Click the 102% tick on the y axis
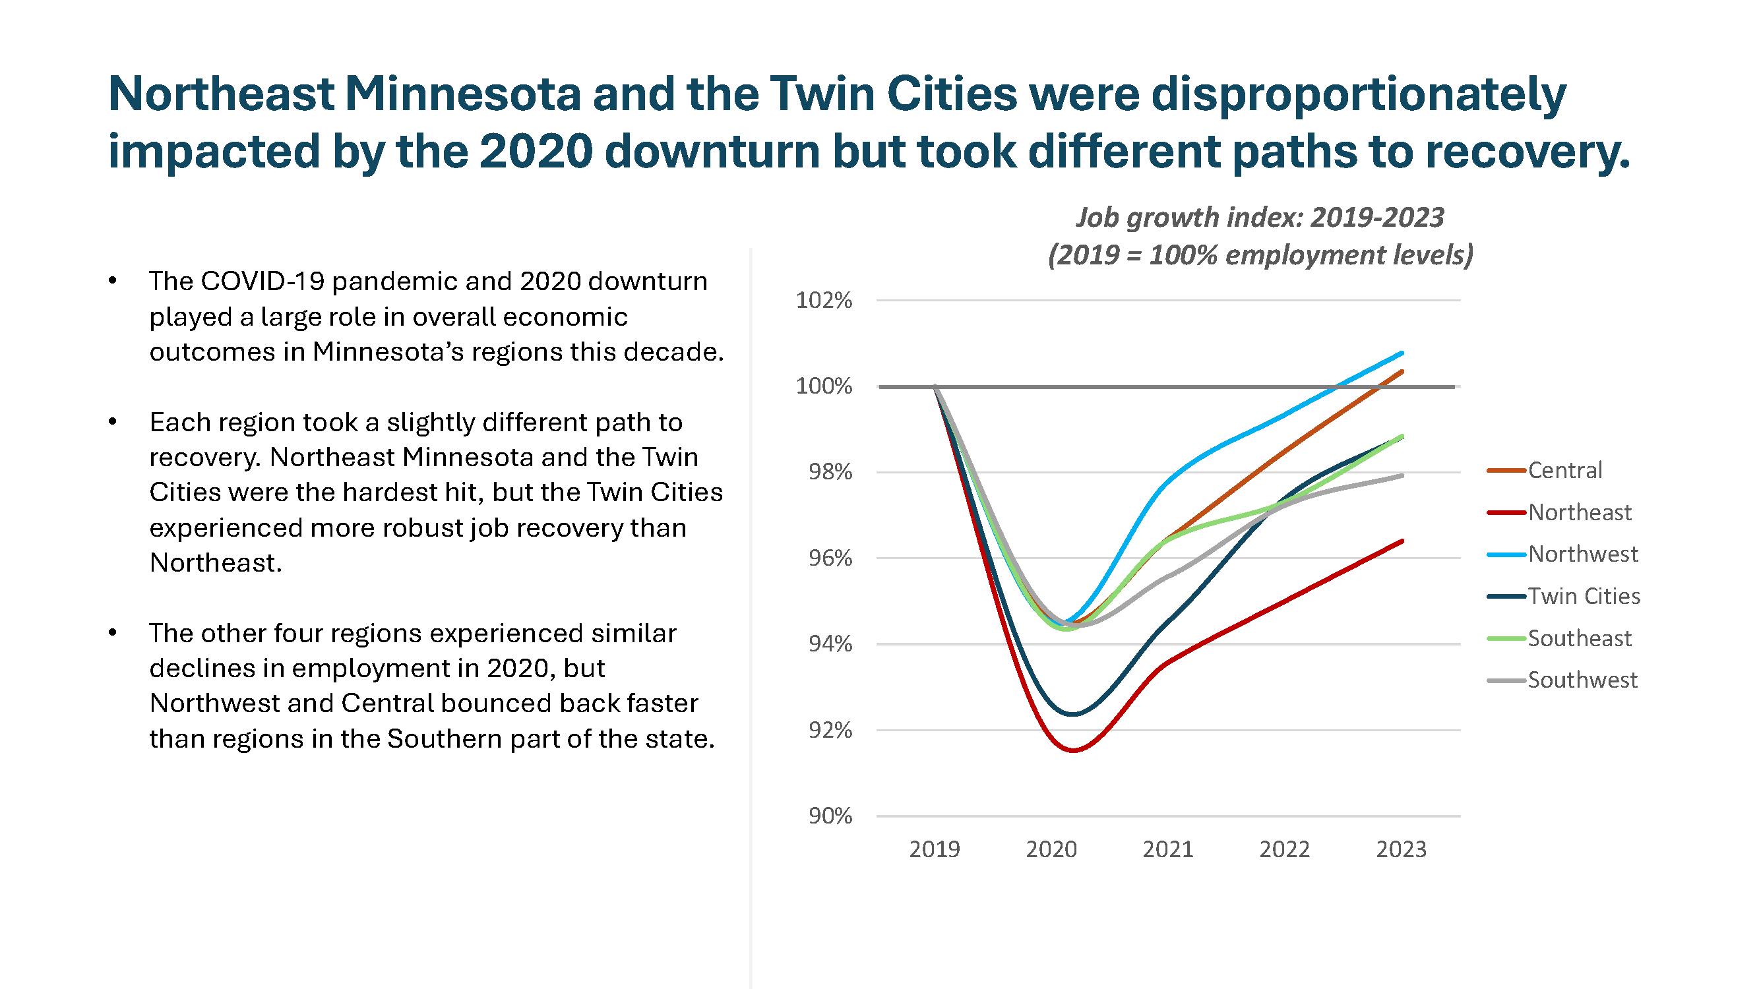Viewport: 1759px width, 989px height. [824, 300]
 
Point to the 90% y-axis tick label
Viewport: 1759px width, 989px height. [830, 816]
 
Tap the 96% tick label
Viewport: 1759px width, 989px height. [830, 558]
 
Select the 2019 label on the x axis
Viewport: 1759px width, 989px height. [934, 849]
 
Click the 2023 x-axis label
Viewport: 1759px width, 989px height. [1401, 849]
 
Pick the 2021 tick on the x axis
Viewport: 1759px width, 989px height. [1167, 849]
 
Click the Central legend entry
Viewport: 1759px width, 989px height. [1564, 470]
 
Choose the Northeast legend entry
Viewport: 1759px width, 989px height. [1580, 512]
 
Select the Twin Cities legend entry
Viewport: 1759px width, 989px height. [1584, 597]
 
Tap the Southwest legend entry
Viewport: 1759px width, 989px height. [1582, 680]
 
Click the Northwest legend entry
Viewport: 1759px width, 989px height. [1582, 554]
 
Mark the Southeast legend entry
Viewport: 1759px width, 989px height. [1580, 639]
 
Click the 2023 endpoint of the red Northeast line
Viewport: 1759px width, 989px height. [1402, 541]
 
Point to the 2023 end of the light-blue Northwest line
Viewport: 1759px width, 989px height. [1402, 353]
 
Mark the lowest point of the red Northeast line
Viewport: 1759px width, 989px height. [1074, 750]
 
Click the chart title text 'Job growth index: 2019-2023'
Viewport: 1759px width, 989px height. [1260, 218]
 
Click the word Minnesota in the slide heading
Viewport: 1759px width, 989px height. [463, 94]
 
